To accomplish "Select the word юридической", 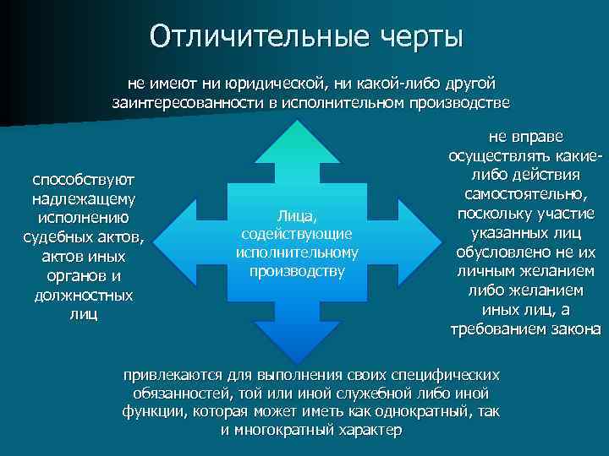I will [x=274, y=84].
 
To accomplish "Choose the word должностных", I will [x=83, y=296].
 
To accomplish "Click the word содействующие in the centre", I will [x=297, y=234].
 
